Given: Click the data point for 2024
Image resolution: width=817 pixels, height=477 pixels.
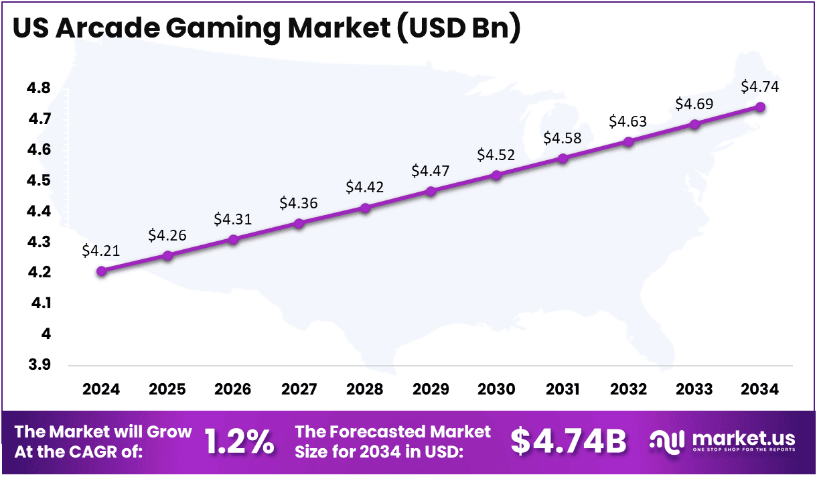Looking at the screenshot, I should [101, 271].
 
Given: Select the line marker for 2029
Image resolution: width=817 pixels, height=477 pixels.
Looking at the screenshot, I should [431, 192].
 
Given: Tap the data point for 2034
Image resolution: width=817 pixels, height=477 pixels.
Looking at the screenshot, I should [761, 107].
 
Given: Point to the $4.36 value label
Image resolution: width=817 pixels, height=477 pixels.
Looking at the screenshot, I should [299, 202].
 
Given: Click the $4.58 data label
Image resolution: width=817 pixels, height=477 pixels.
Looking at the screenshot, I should [563, 139].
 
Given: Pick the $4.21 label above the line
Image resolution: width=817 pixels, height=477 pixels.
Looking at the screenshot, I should [101, 251].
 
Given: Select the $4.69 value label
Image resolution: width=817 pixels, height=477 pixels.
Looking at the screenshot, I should [694, 104].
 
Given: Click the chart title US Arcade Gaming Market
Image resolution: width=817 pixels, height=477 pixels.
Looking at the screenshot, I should [267, 29].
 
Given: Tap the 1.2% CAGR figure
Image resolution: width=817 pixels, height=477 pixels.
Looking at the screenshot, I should [239, 441].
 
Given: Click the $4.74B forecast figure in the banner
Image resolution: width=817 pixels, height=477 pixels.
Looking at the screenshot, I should [569, 441].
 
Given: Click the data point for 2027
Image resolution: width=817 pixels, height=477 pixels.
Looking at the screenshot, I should [299, 223].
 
